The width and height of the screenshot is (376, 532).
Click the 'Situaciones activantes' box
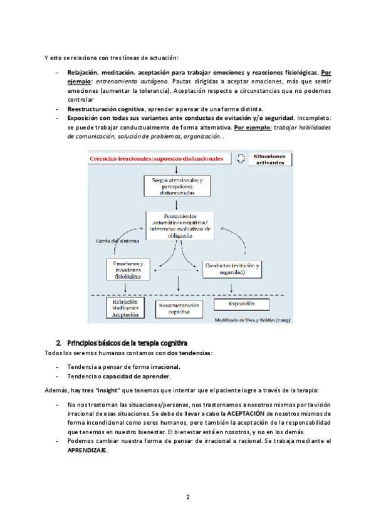(269, 159)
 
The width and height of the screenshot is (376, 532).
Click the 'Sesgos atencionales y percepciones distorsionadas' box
(178, 185)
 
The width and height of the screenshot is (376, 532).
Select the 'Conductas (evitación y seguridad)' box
(232, 269)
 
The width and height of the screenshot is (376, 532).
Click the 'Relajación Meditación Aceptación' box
(125, 308)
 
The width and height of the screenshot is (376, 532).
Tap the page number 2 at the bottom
(187, 497)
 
